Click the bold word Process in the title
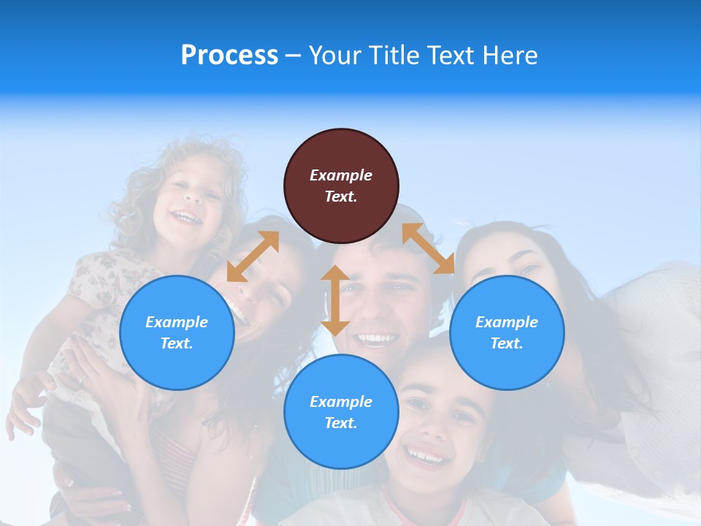(x=229, y=56)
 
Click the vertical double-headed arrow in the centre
(x=335, y=300)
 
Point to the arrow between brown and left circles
(x=253, y=256)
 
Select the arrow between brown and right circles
(x=428, y=248)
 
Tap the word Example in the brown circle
(x=341, y=175)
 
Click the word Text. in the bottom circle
(x=341, y=423)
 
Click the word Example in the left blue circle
(x=177, y=322)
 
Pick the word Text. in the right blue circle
(x=507, y=343)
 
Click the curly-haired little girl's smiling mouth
(x=186, y=217)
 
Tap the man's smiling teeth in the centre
(x=377, y=339)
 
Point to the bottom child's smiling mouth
(x=426, y=458)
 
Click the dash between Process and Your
(x=293, y=56)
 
